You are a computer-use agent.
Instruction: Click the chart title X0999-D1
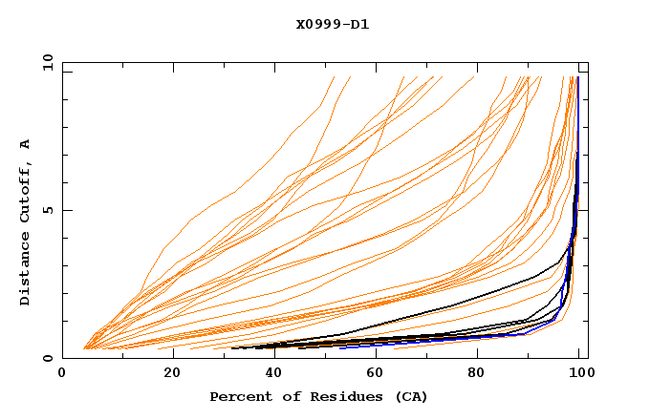333,24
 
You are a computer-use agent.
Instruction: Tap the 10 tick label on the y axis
45,62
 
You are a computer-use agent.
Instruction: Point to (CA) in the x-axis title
409,396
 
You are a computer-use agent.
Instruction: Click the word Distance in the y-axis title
26,270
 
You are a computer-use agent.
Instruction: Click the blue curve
577,143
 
